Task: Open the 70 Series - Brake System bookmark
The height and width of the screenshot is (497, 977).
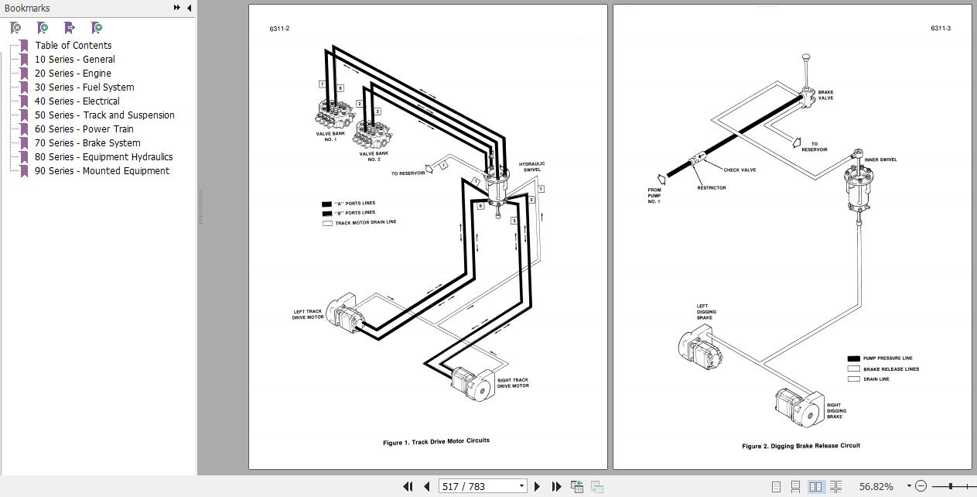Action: (x=87, y=143)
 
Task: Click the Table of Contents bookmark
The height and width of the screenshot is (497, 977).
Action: (x=73, y=46)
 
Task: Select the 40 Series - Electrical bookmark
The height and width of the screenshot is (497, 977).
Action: (x=77, y=101)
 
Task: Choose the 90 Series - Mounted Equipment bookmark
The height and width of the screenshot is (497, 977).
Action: (x=101, y=171)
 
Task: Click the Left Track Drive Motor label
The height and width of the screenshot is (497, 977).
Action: (x=308, y=314)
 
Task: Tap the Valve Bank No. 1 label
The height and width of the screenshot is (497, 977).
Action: (x=330, y=136)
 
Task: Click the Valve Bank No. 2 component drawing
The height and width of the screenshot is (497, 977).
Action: (x=373, y=138)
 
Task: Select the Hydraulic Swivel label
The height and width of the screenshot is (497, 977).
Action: (x=531, y=166)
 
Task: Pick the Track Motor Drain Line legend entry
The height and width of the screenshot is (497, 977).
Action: (x=365, y=223)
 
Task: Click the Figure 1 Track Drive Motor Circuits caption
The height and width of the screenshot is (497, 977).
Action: (x=436, y=441)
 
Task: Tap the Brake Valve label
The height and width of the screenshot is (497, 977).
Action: (x=825, y=95)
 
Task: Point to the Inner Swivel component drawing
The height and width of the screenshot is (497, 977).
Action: (x=858, y=186)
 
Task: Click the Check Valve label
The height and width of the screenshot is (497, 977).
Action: (x=740, y=170)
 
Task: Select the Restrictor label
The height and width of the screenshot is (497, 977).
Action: (x=711, y=188)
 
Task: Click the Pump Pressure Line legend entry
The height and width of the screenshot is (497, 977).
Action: (x=887, y=358)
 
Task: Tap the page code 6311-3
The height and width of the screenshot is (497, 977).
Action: (x=941, y=29)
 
